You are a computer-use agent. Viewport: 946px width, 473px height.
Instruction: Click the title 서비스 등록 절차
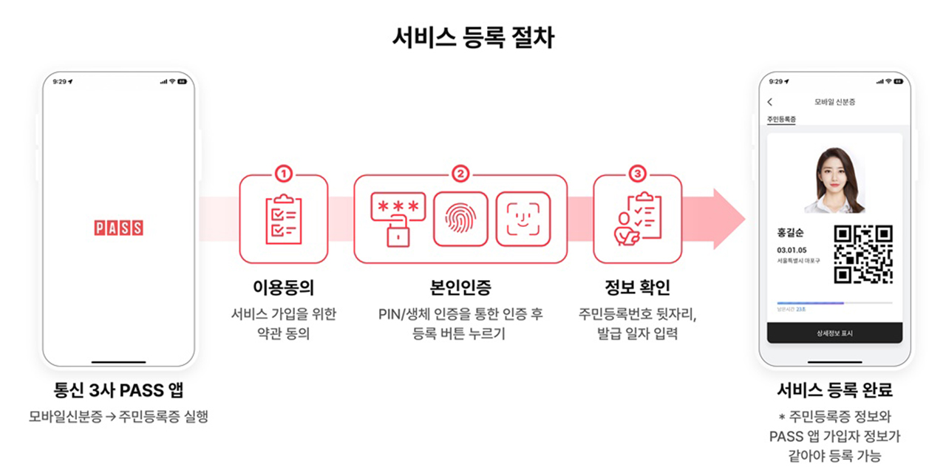click(473, 38)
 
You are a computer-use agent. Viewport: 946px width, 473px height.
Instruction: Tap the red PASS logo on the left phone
click(118, 228)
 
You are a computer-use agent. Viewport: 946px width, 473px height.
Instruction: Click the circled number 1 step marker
click(283, 174)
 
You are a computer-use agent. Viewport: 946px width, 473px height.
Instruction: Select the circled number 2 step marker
click(460, 174)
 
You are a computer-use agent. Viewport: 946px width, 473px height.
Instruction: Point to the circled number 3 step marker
click(637, 174)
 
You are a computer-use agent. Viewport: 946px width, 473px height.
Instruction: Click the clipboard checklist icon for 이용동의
click(283, 220)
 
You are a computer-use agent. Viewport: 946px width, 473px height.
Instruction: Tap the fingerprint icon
click(460, 220)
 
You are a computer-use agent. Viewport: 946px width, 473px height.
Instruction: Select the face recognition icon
click(523, 220)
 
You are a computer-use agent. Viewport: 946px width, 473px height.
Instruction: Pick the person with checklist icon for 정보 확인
click(637, 220)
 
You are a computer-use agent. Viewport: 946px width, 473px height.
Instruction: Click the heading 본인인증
click(460, 287)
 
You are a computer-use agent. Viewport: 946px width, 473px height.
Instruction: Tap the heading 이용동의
click(283, 287)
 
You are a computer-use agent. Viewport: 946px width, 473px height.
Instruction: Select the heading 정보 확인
click(637, 287)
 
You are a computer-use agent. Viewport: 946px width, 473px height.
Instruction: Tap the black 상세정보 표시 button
click(834, 333)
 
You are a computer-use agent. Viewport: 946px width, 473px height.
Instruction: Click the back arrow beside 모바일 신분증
click(770, 102)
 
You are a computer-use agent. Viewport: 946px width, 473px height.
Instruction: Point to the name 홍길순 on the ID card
click(791, 233)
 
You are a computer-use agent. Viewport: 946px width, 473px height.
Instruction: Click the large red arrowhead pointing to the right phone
click(728, 219)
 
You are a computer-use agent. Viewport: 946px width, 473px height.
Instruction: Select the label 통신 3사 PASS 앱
click(118, 389)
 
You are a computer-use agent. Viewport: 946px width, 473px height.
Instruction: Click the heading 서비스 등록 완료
click(834, 389)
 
